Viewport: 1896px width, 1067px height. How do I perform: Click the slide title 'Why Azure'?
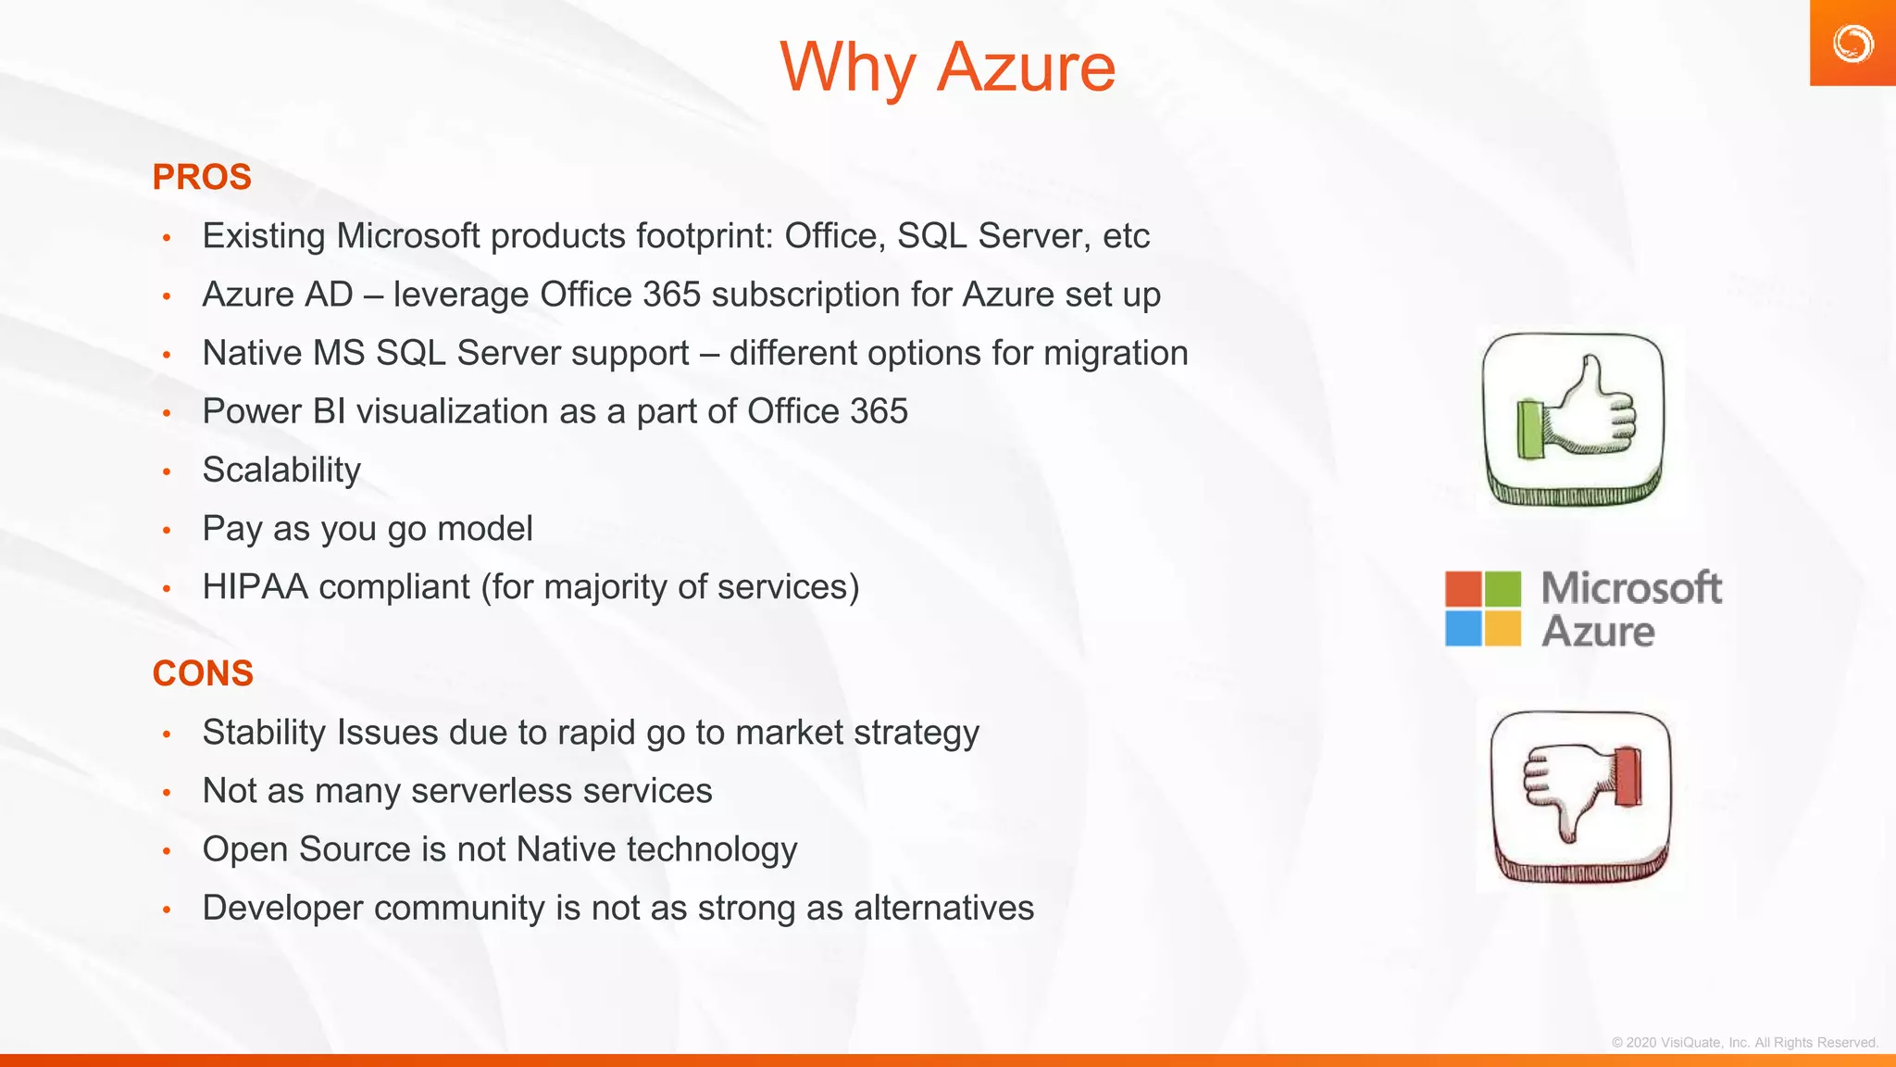[947, 68]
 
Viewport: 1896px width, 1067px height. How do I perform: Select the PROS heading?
[202, 177]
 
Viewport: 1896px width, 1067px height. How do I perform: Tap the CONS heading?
[203, 673]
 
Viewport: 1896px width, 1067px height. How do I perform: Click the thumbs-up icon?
[1573, 419]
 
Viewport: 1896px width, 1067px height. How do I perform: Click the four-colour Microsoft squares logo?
[1482, 609]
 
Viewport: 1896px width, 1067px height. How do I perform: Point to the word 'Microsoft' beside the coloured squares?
[1631, 588]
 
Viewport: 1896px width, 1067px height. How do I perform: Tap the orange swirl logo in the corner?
[1852, 44]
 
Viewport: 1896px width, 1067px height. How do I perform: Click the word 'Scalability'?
[281, 471]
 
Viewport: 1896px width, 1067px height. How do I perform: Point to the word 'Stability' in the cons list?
[264, 733]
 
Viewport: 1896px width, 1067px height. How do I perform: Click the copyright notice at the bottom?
[1744, 1042]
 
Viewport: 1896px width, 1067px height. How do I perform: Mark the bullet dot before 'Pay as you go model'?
[167, 531]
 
